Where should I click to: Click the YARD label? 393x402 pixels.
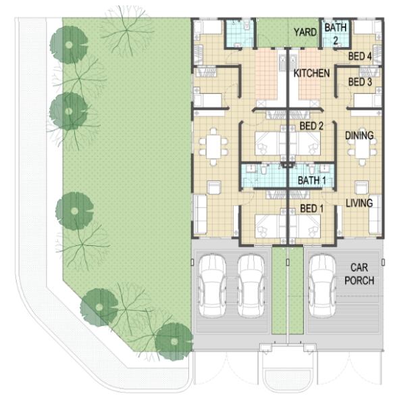tap(305, 32)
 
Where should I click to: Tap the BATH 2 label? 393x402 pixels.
tap(336, 34)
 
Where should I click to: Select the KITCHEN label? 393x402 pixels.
tap(311, 74)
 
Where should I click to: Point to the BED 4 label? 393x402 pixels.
tap(360, 56)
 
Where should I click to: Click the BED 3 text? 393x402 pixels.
tap(360, 82)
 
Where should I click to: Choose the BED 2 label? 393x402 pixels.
tap(311, 126)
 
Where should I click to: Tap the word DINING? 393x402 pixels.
tap(359, 135)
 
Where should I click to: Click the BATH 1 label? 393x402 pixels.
tap(312, 180)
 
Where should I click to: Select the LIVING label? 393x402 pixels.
tap(359, 203)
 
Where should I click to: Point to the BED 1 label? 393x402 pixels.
tap(311, 209)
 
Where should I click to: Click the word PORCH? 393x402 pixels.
tap(359, 280)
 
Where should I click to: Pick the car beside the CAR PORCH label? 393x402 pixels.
tap(322, 286)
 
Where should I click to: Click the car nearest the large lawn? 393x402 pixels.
tap(213, 286)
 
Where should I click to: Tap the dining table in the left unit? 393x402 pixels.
tap(213, 147)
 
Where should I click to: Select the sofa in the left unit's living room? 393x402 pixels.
tap(201, 214)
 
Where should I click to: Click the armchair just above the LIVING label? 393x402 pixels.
tap(362, 187)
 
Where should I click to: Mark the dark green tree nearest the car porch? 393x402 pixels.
tap(174, 341)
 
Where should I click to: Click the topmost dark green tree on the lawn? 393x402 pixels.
tap(69, 45)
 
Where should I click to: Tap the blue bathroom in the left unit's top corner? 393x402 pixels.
tap(240, 34)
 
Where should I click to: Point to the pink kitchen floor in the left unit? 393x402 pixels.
tap(267, 74)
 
